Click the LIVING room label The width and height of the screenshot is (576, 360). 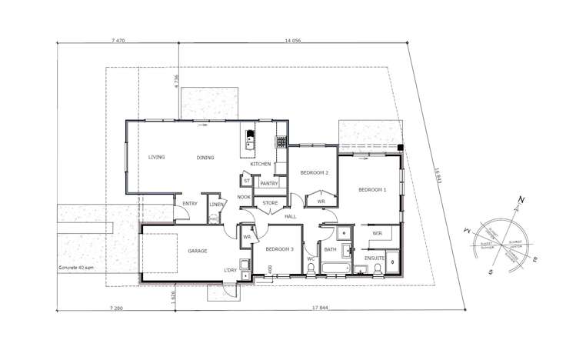click(157, 157)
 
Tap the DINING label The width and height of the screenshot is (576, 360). click(205, 158)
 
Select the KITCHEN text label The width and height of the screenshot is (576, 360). click(260, 165)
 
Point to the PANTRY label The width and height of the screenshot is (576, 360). click(269, 183)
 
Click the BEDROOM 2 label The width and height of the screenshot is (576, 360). click(315, 173)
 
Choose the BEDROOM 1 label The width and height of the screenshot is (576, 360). click(371, 188)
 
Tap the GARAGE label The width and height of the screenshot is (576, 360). click(199, 251)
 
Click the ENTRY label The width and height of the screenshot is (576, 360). click(191, 204)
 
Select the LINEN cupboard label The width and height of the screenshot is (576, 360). click(216, 205)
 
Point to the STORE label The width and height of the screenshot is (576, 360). click(270, 203)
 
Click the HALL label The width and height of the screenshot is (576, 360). click(291, 217)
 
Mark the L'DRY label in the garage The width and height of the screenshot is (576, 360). click(230, 270)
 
